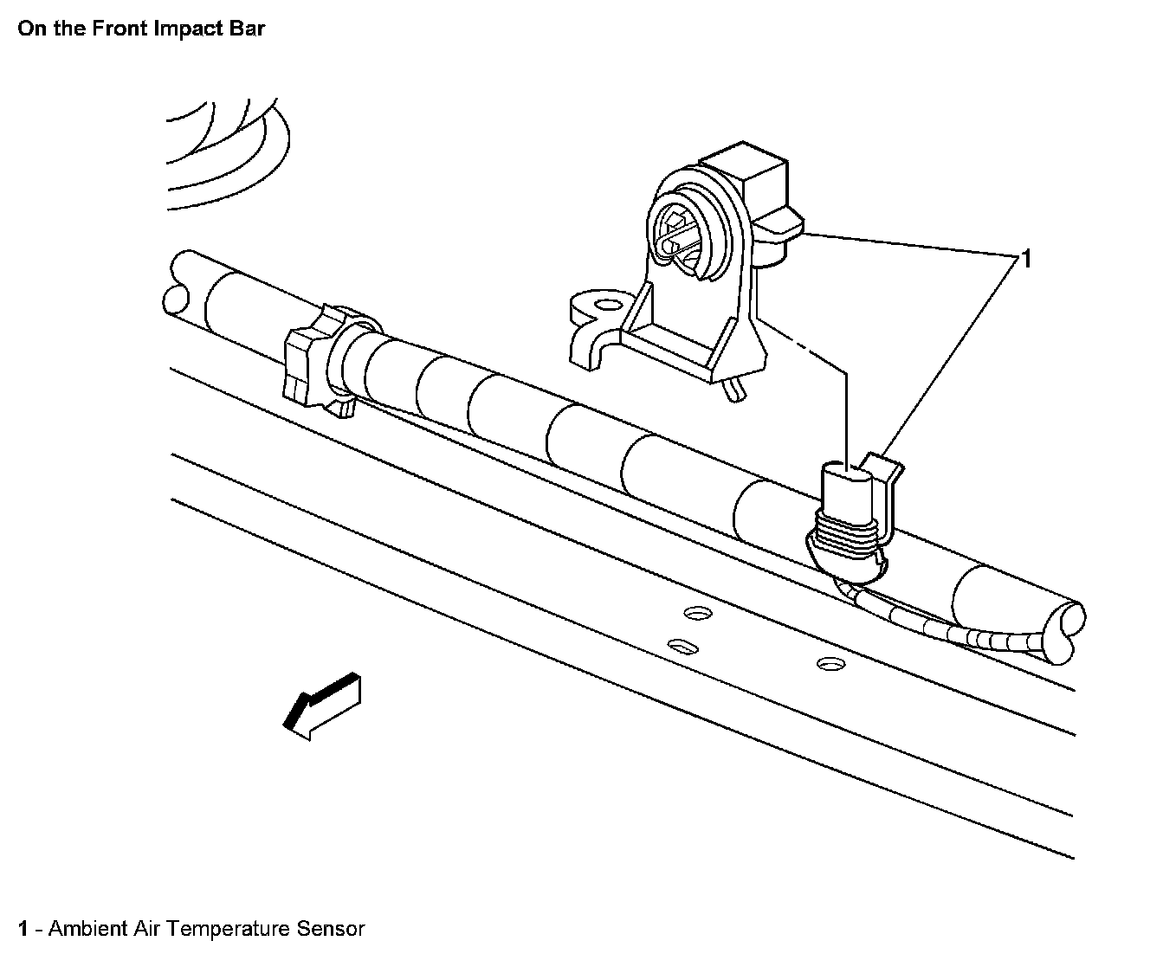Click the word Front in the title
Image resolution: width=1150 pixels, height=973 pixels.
pyautogui.click(x=124, y=29)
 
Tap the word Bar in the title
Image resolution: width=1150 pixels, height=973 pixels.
pyautogui.click(x=248, y=29)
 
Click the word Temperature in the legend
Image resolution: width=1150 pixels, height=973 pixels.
pyautogui.click(x=228, y=929)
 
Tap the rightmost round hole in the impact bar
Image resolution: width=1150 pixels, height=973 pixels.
pyautogui.click(x=829, y=664)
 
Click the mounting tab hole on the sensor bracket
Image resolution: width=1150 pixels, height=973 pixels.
pyautogui.click(x=607, y=304)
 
